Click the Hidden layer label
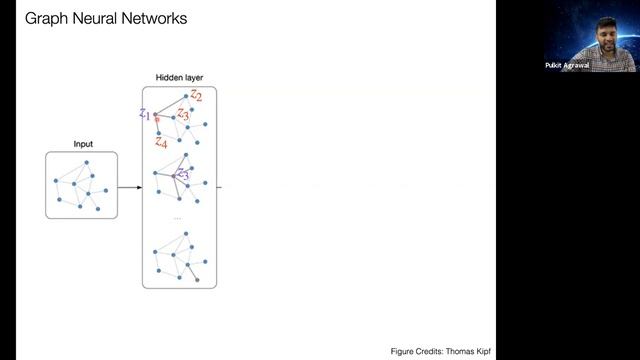(x=180, y=78)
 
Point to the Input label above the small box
(x=83, y=144)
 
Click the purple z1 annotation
(x=145, y=114)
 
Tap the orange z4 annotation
(x=160, y=143)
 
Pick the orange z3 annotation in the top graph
(x=183, y=115)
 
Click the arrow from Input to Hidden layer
(x=129, y=187)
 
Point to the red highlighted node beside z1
(x=156, y=120)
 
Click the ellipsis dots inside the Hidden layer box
(x=178, y=217)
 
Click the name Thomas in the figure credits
(x=452, y=351)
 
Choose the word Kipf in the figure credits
(x=480, y=351)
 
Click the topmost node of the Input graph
(x=87, y=162)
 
